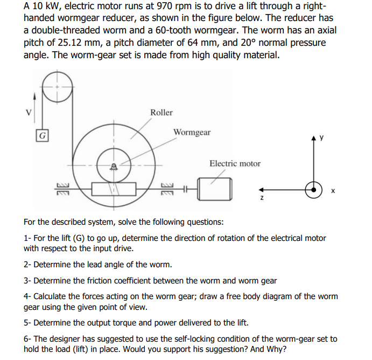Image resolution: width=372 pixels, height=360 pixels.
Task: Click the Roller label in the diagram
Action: point(162,112)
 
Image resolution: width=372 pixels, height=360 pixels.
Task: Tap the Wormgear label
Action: point(192,132)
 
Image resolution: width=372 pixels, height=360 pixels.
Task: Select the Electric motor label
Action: point(235,163)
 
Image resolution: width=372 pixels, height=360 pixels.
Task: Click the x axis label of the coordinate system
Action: point(333,190)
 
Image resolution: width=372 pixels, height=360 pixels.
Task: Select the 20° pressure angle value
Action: point(244,43)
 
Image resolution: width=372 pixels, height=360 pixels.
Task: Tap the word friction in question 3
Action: point(112,280)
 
